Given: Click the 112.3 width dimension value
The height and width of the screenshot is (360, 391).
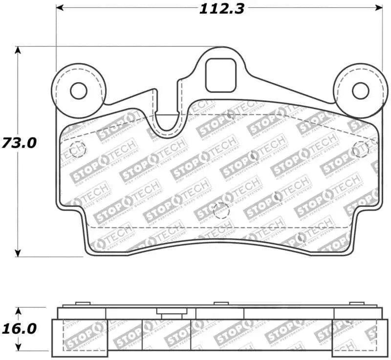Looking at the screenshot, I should [221, 9].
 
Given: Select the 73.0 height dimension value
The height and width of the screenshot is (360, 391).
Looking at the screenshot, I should [18, 143].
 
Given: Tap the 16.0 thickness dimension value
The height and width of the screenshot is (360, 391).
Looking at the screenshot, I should [18, 328].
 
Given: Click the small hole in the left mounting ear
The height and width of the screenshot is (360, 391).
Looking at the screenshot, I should [78, 90].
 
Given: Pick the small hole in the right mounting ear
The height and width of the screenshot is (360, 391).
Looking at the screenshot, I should [360, 90].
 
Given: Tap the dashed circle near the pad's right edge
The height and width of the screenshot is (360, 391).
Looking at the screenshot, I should [361, 149].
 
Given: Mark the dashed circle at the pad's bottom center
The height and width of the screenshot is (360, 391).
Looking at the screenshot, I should [221, 211].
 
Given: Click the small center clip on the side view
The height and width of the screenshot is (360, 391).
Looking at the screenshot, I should [169, 312].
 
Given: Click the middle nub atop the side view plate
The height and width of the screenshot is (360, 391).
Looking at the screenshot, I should [218, 305].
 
